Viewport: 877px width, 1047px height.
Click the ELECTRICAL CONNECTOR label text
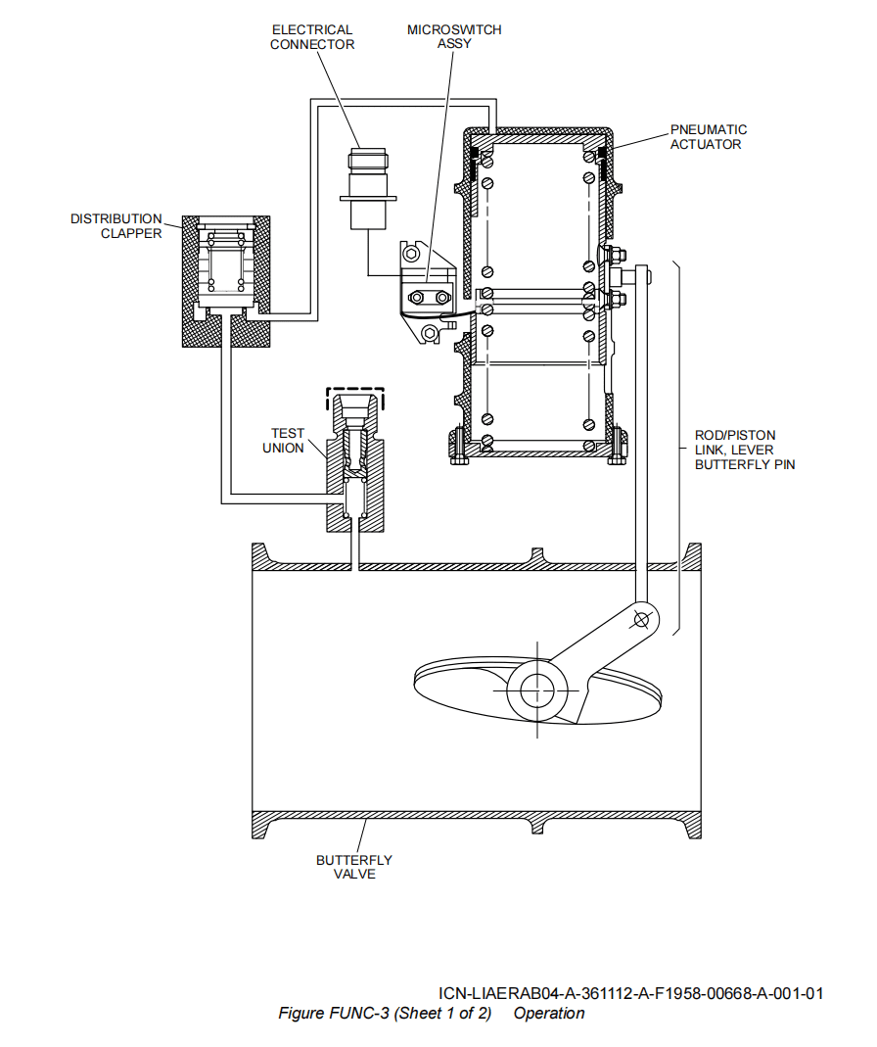(312, 37)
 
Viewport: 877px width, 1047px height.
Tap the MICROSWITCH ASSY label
(454, 37)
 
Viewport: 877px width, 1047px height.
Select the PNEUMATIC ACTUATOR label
(708, 137)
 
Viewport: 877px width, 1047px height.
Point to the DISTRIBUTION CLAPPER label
(115, 226)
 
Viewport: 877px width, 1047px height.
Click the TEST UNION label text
(288, 441)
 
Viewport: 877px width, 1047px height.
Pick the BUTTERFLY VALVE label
(353, 867)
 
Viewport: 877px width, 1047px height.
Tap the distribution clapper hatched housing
(196, 284)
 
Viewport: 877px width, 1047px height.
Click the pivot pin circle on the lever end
(642, 619)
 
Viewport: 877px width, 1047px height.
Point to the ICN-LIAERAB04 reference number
(630, 993)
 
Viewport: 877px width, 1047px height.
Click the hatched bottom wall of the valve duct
(470, 821)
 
